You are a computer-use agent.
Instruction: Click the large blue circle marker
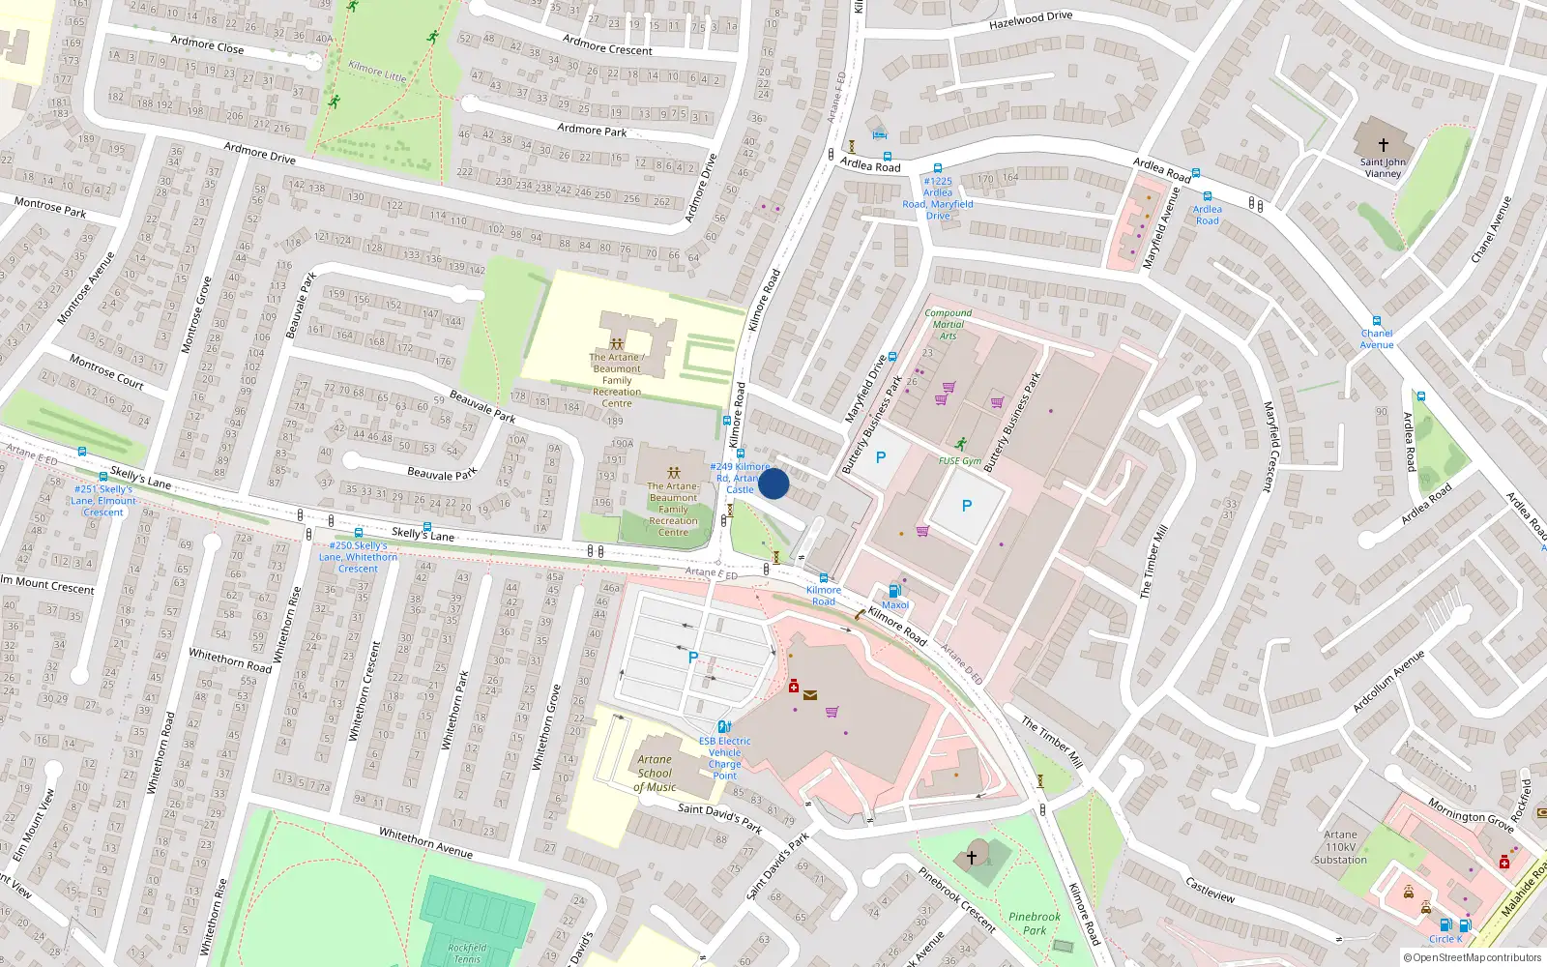[773, 483]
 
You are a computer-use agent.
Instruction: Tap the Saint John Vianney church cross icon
[1383, 145]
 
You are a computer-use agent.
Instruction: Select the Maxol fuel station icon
[894, 591]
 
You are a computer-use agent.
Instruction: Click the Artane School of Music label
[655, 774]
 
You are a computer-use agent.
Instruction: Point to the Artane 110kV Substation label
[1340, 847]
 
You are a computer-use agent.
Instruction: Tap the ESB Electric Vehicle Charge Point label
[724, 758]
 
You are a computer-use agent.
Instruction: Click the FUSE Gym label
[959, 461]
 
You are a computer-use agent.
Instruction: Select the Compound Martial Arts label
[948, 324]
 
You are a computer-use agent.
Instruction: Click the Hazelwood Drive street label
[1031, 19]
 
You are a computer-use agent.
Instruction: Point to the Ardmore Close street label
[207, 44]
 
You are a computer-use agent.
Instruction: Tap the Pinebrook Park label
[1034, 923]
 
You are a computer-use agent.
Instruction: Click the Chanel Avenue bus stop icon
[1376, 321]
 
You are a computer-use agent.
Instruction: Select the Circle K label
[1445, 939]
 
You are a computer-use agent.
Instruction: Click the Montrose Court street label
[106, 371]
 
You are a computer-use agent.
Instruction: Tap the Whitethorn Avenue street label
[425, 842]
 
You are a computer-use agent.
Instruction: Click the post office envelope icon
[810, 694]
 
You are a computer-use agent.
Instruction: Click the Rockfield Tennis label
[467, 953]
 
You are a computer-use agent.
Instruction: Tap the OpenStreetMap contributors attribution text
[1473, 958]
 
